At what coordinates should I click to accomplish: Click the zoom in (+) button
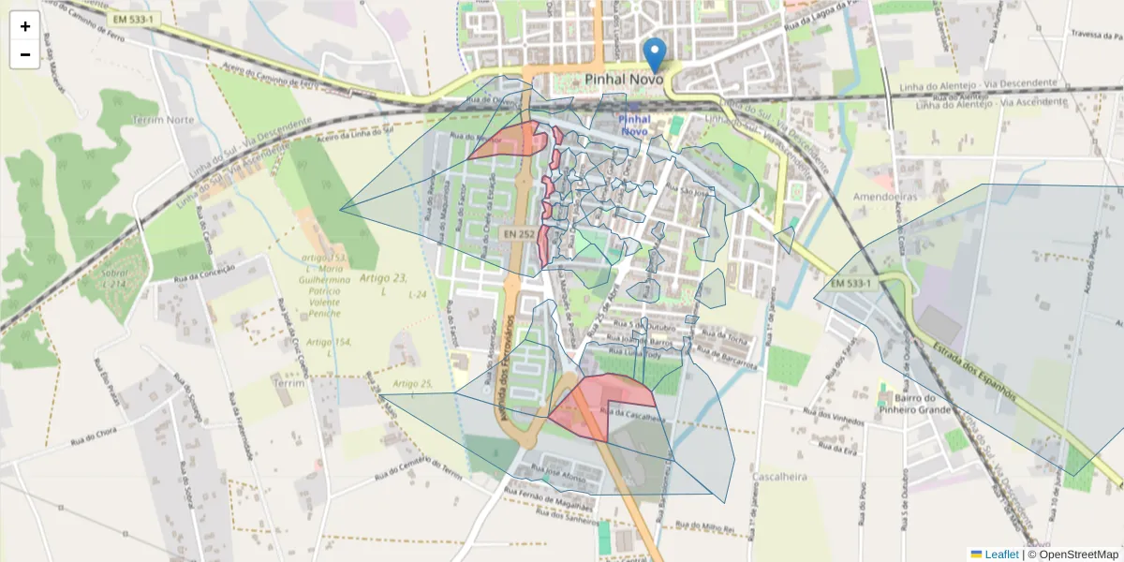pos(25,26)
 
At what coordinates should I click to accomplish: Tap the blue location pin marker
pos(656,54)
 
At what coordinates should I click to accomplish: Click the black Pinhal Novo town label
pos(624,81)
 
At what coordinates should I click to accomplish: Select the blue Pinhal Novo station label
pos(634,126)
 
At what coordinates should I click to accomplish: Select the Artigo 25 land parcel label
pos(412,384)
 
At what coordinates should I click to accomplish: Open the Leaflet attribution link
pos(1000,555)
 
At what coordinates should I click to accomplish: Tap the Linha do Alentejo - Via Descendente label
pos(991,85)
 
